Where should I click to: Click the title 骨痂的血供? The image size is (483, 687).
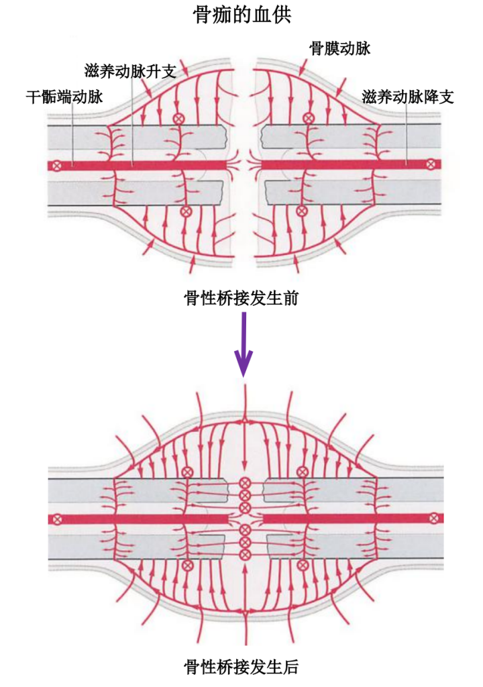(241, 15)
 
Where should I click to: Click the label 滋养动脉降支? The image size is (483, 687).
(408, 97)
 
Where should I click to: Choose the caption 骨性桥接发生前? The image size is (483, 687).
(241, 298)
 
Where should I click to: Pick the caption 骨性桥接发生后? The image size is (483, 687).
(241, 666)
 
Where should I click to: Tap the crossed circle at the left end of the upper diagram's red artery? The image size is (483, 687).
(58, 164)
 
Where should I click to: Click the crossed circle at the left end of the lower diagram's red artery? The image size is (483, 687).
(58, 519)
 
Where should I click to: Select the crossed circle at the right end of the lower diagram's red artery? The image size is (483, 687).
(434, 518)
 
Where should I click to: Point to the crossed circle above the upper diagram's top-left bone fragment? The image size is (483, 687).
(178, 118)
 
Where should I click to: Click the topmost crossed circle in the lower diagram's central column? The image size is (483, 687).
(245, 483)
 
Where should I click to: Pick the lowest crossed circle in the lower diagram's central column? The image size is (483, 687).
(245, 554)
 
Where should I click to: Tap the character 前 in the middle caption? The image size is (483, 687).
(290, 298)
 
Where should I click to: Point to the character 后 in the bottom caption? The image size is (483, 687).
(290, 666)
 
